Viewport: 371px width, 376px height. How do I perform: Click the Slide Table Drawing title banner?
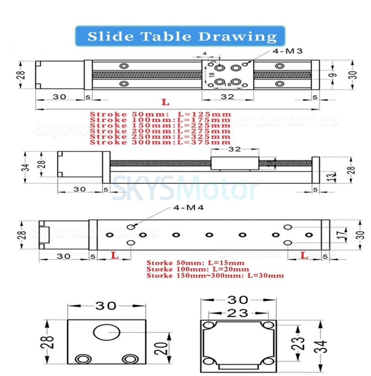pos(180,36)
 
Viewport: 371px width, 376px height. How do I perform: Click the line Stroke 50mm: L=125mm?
pos(160,114)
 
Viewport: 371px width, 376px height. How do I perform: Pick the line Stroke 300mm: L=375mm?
pos(160,142)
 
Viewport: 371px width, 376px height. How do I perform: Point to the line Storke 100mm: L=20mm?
pos(198,269)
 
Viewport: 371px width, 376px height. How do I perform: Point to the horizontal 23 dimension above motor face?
pos(238,313)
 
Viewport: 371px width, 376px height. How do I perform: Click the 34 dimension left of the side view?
pos(26,167)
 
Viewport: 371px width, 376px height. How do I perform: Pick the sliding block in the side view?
pos(234,163)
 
